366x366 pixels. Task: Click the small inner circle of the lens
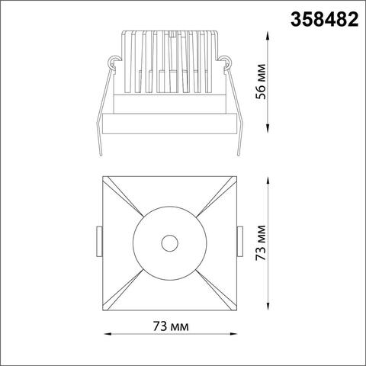(x=168, y=243)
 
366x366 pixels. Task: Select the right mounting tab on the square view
(x=239, y=242)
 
